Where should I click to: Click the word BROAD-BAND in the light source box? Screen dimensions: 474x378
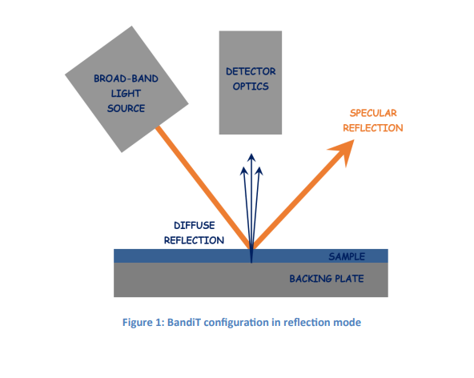point(126,78)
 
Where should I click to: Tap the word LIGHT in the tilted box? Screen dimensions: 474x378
point(126,94)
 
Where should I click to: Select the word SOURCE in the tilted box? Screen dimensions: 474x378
point(126,108)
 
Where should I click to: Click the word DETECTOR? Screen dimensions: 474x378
point(251,71)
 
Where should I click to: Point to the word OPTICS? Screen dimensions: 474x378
point(251,86)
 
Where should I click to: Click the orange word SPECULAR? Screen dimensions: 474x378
point(373,113)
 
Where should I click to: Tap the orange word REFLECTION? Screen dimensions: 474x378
point(373,128)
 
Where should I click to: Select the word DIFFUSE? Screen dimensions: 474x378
point(195,225)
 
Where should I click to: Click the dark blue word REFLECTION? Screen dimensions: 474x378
point(194,240)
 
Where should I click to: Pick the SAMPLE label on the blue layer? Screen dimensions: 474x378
point(347,257)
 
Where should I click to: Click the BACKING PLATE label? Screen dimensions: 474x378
point(327,279)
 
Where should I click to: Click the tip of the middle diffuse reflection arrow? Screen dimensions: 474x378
point(251,154)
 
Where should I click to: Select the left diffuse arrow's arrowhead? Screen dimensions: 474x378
point(244,171)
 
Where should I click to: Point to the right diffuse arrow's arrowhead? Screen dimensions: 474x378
point(259,171)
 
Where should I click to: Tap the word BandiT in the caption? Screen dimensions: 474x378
point(184,323)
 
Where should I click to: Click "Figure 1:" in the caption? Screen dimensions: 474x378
point(143,323)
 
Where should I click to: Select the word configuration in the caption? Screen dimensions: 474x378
point(236,323)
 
